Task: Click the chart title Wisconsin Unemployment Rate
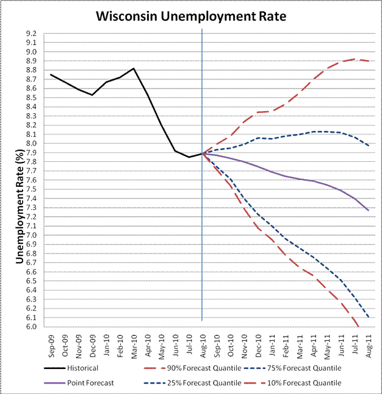click(x=192, y=15)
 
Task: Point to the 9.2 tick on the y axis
click(x=31, y=34)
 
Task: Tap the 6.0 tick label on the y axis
click(x=31, y=326)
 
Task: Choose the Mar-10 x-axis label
click(x=134, y=345)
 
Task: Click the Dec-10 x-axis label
click(x=259, y=345)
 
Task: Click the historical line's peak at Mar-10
click(x=134, y=68)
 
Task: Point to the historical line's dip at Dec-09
click(x=92, y=95)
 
